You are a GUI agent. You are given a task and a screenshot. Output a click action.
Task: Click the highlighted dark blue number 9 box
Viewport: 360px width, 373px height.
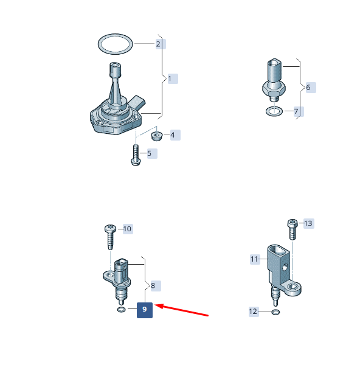pos(145,310)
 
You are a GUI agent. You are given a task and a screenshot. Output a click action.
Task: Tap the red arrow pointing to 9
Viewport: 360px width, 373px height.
pos(182,310)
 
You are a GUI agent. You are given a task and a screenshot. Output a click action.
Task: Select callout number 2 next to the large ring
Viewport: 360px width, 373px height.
pos(161,44)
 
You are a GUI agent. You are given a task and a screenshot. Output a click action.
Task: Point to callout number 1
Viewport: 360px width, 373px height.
pos(173,78)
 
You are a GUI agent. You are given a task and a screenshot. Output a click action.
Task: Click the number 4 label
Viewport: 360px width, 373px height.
pos(175,135)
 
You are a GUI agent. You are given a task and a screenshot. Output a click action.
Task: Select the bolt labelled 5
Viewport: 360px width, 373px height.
pos(136,155)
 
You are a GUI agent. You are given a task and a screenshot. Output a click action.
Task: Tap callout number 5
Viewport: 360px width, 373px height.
pos(152,153)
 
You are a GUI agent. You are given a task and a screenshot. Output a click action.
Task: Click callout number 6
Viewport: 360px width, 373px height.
pos(311,88)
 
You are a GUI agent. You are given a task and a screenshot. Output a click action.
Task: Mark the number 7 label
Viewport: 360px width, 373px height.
pos(299,111)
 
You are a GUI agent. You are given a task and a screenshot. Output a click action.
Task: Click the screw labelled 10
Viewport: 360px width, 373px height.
pos(110,237)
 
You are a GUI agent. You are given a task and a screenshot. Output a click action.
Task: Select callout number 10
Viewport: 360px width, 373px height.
pos(128,229)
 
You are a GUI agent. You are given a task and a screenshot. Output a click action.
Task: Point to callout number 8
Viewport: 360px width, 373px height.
pos(156,286)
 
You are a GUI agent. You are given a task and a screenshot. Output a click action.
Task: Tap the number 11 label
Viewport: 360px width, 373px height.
pos(255,259)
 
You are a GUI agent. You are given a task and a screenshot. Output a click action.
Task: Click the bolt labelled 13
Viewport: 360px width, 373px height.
pos(292,229)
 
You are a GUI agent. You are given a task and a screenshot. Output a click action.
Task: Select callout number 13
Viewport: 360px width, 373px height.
pos(309,223)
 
